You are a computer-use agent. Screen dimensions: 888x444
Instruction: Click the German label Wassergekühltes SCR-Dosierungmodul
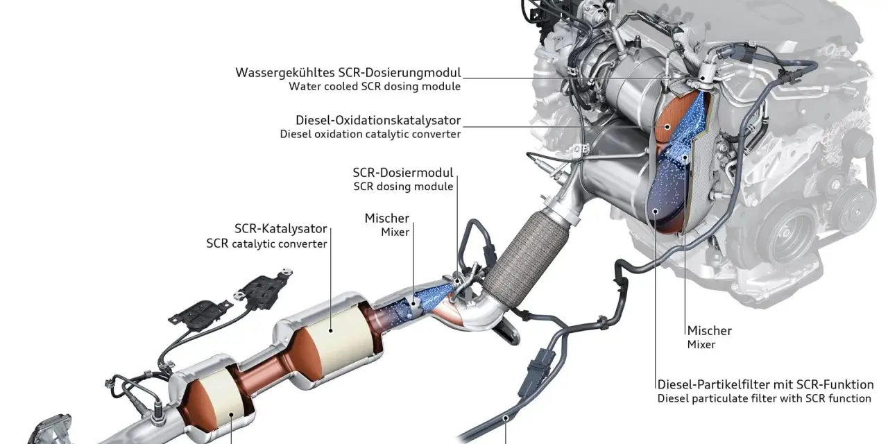pyautogui.click(x=348, y=73)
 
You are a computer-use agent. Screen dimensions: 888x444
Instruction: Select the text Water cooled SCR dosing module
pyautogui.click(x=375, y=87)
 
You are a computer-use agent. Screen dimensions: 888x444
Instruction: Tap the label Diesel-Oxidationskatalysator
pyautogui.click(x=378, y=120)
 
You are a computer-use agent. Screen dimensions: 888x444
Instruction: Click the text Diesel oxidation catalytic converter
pyautogui.click(x=370, y=134)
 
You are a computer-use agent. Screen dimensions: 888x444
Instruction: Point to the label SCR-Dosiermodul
pyautogui.click(x=403, y=173)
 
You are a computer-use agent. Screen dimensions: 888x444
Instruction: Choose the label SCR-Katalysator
pyautogui.click(x=281, y=229)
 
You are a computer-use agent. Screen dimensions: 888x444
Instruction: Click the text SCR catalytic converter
pyautogui.click(x=266, y=244)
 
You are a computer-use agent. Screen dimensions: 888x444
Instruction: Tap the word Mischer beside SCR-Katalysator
pyautogui.click(x=387, y=218)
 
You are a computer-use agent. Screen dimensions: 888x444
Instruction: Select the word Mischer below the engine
pyautogui.click(x=710, y=331)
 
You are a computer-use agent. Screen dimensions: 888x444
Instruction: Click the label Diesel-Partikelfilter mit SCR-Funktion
pyautogui.click(x=765, y=384)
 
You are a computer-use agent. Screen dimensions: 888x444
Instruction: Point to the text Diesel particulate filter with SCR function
pyautogui.click(x=765, y=398)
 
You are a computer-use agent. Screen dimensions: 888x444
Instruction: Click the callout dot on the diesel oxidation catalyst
pyautogui.click(x=667, y=127)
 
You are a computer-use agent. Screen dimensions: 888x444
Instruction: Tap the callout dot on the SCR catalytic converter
pyautogui.click(x=331, y=330)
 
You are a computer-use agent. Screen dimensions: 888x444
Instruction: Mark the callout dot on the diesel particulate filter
pyautogui.click(x=656, y=212)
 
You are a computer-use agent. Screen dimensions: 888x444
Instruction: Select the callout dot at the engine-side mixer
pyautogui.click(x=685, y=157)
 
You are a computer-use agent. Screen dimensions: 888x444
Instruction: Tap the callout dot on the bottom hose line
pyautogui.click(x=506, y=418)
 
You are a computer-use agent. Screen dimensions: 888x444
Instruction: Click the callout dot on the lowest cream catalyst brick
pyautogui.click(x=232, y=414)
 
